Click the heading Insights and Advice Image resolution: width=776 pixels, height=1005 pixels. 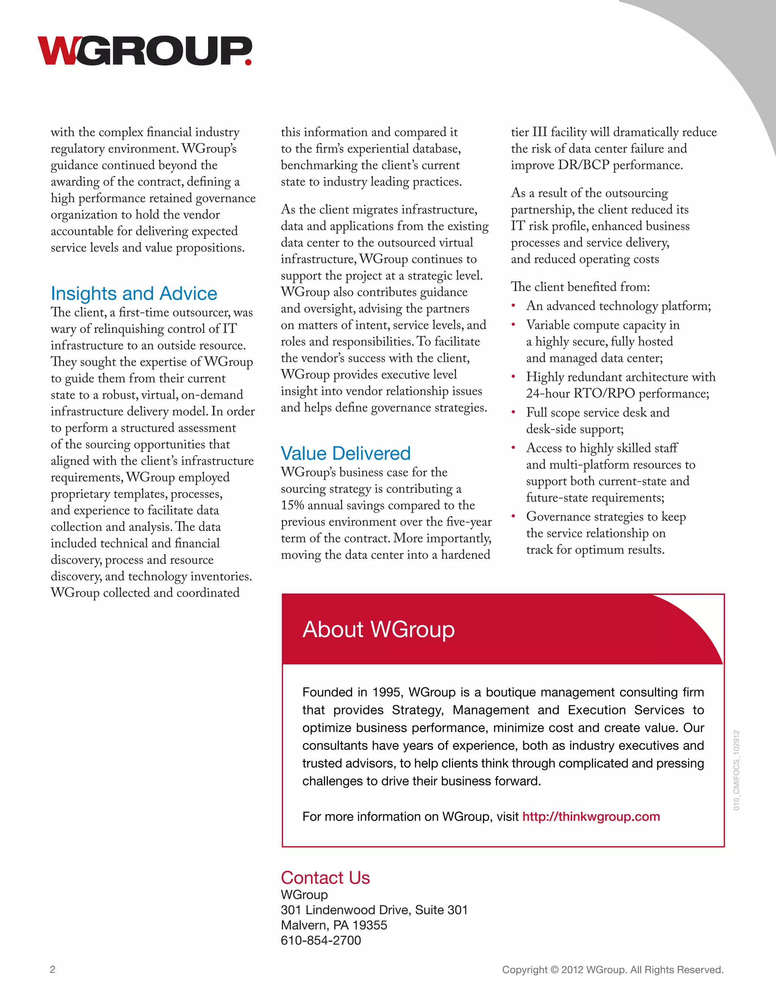(134, 294)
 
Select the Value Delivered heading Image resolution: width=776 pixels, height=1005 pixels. (346, 453)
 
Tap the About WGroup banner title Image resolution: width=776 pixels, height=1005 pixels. (379, 629)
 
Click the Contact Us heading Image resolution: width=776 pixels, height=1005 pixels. (325, 878)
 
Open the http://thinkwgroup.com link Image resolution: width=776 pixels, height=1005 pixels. (591, 817)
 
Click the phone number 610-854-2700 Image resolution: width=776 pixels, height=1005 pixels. (321, 940)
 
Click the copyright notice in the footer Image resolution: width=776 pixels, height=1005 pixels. (612, 970)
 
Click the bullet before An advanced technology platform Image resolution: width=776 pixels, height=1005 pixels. (513, 306)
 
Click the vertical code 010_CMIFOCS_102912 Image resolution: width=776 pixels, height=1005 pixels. (737, 770)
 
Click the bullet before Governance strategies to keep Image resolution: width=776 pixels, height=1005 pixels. (513, 517)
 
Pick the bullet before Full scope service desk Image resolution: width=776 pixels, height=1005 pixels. (513, 413)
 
